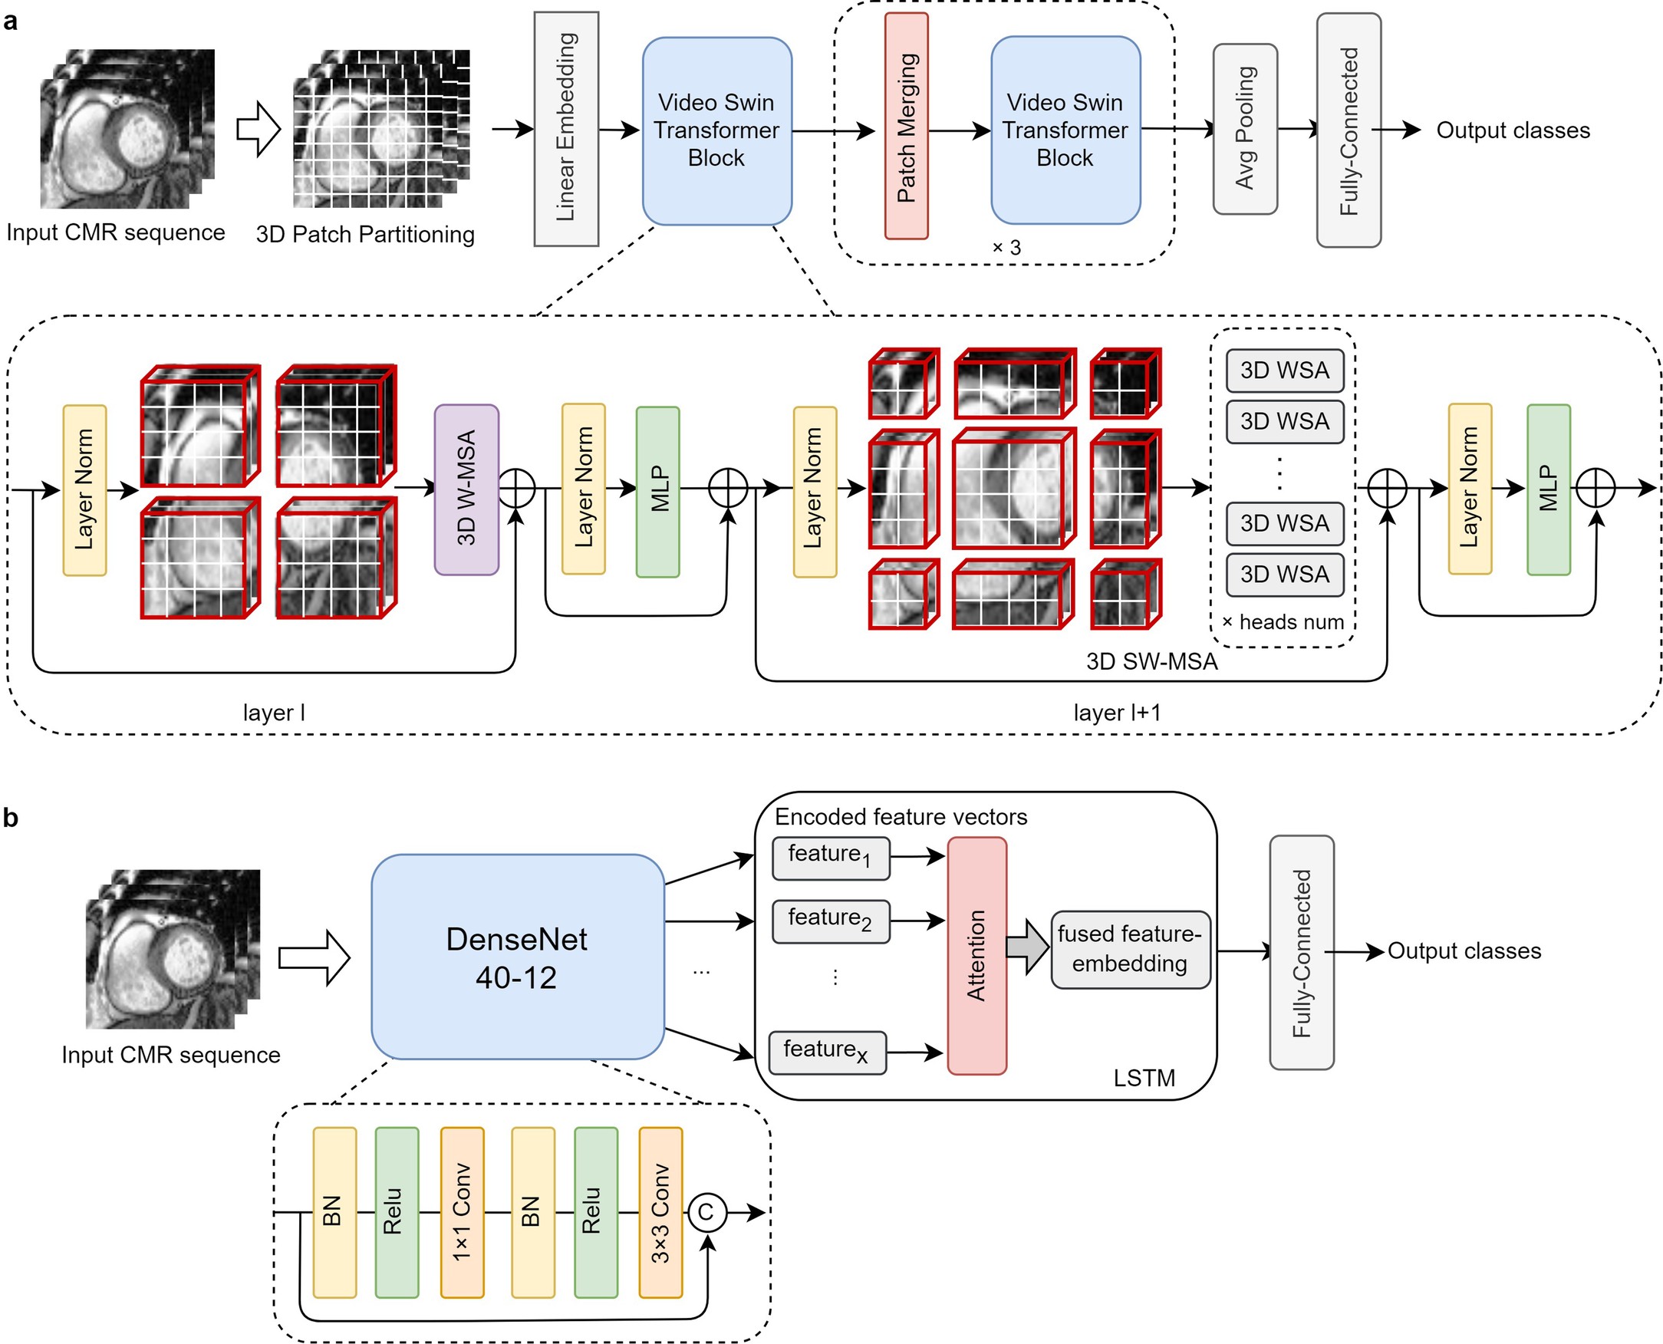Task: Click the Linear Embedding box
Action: tap(566, 130)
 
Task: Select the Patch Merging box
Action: tap(906, 127)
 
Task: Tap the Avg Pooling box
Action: tap(1244, 129)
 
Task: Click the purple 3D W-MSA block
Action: tap(466, 489)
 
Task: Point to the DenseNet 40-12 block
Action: tap(517, 957)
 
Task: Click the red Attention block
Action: tap(976, 956)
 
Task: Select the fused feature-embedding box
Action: tap(1130, 949)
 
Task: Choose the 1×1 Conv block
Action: tap(462, 1212)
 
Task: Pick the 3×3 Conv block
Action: tap(660, 1212)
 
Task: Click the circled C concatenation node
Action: tap(705, 1212)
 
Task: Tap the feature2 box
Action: tap(830, 921)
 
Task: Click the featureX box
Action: tap(827, 1052)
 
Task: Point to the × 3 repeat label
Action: tap(1006, 248)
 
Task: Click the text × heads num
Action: tap(1282, 621)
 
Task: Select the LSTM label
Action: tap(1144, 1078)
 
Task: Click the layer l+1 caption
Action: tap(1116, 712)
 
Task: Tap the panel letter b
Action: tap(11, 818)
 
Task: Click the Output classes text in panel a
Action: tap(1512, 130)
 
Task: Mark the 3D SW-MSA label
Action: tap(1151, 661)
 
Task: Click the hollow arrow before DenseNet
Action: tap(314, 957)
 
